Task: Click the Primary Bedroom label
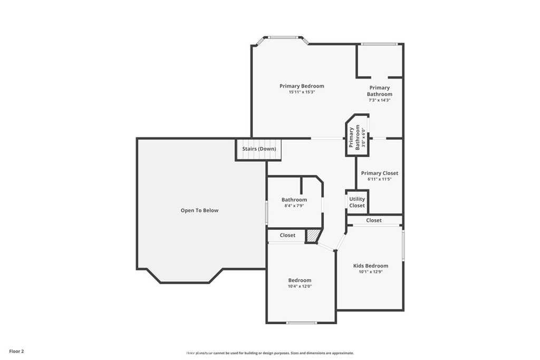click(302, 86)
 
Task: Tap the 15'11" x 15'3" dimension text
click(302, 92)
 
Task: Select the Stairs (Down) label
click(259, 149)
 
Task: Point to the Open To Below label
click(199, 210)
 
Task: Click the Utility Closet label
click(357, 202)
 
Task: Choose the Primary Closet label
click(380, 173)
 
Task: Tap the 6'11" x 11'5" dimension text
click(380, 179)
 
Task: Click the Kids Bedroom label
click(371, 266)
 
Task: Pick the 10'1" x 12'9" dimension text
click(371, 271)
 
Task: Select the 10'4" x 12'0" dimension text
click(300, 286)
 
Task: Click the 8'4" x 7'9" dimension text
click(294, 206)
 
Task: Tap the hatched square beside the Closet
click(312, 236)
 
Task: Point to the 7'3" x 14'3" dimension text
click(379, 100)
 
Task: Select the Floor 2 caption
click(16, 352)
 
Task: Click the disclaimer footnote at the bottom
click(270, 353)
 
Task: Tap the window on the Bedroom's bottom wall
click(302, 323)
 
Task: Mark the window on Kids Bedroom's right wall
click(403, 246)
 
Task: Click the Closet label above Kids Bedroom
click(374, 220)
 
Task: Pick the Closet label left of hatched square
click(287, 236)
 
